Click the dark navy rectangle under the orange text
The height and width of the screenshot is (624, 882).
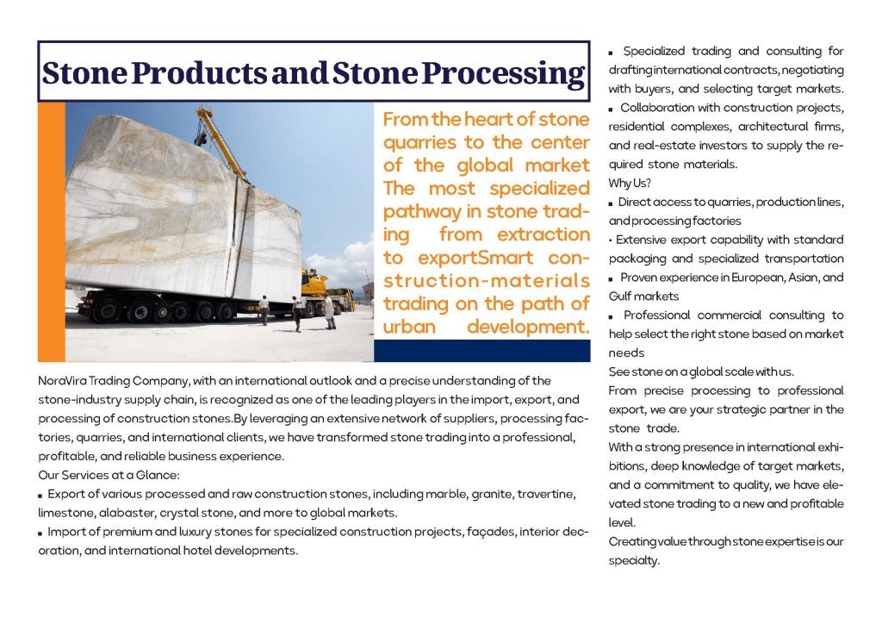[481, 350]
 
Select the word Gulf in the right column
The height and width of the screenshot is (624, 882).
[622, 296]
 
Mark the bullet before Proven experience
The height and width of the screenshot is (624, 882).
[612, 278]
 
